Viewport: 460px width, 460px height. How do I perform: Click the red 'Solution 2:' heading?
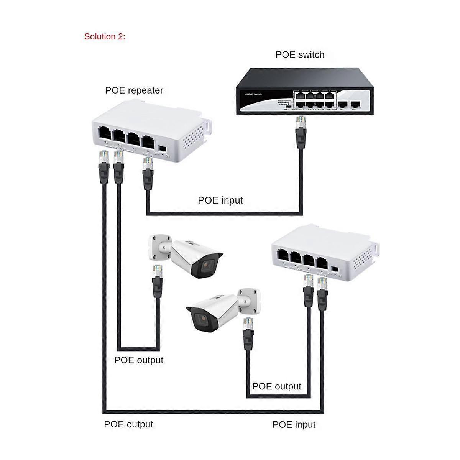pos(105,37)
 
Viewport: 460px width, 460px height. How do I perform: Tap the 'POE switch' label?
pos(300,54)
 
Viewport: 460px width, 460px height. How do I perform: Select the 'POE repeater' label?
pos(134,90)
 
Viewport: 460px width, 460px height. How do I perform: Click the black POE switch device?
pos(303,91)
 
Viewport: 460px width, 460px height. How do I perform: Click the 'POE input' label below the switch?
pos(220,200)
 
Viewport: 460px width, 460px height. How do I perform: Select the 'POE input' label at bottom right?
pos(294,424)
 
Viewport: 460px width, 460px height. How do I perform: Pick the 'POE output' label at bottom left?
pos(128,424)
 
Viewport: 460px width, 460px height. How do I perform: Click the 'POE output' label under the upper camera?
pos(139,360)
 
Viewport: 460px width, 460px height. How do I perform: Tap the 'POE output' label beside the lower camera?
pos(277,386)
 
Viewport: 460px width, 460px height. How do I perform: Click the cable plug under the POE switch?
pos(300,123)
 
